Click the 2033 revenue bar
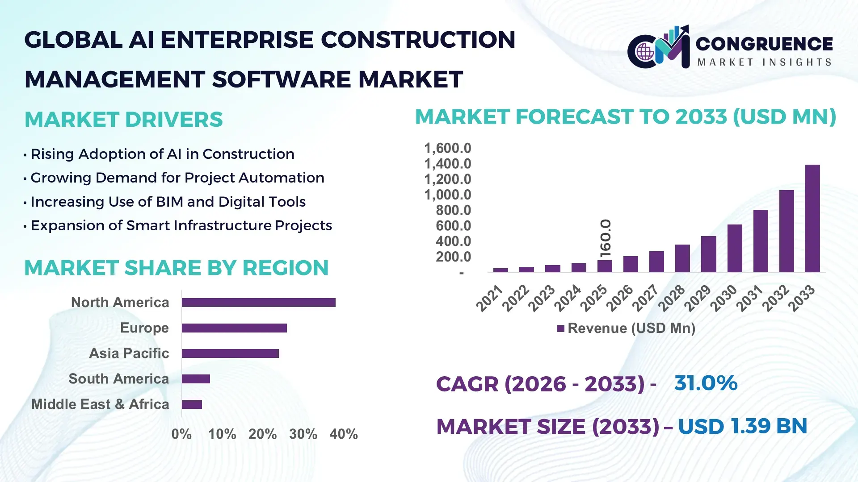812,219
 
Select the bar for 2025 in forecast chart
605,266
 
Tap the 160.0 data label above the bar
605,238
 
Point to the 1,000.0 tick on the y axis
447,195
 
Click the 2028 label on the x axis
671,298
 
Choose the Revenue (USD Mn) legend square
560,328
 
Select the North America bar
258,303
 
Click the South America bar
196,379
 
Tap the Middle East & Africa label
100,404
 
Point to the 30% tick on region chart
303,434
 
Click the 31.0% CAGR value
706,383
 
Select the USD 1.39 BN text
742,426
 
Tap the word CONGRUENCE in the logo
764,44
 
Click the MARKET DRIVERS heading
124,120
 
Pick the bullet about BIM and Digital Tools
168,202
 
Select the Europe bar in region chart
234,328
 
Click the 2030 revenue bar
734,248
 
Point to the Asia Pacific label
129,353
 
